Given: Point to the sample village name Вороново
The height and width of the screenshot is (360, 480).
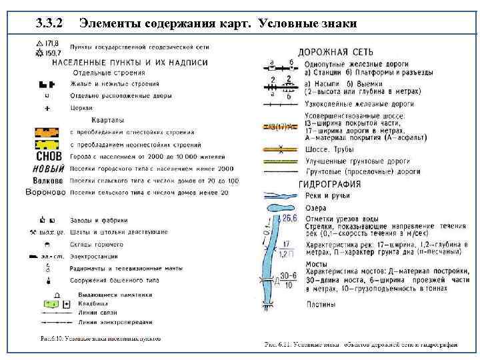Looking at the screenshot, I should click(45, 193).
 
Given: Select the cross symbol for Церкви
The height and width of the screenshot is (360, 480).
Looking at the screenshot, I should click(46, 107).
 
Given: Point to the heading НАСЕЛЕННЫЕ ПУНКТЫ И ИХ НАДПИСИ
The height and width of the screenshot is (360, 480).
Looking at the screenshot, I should click(129, 61).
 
